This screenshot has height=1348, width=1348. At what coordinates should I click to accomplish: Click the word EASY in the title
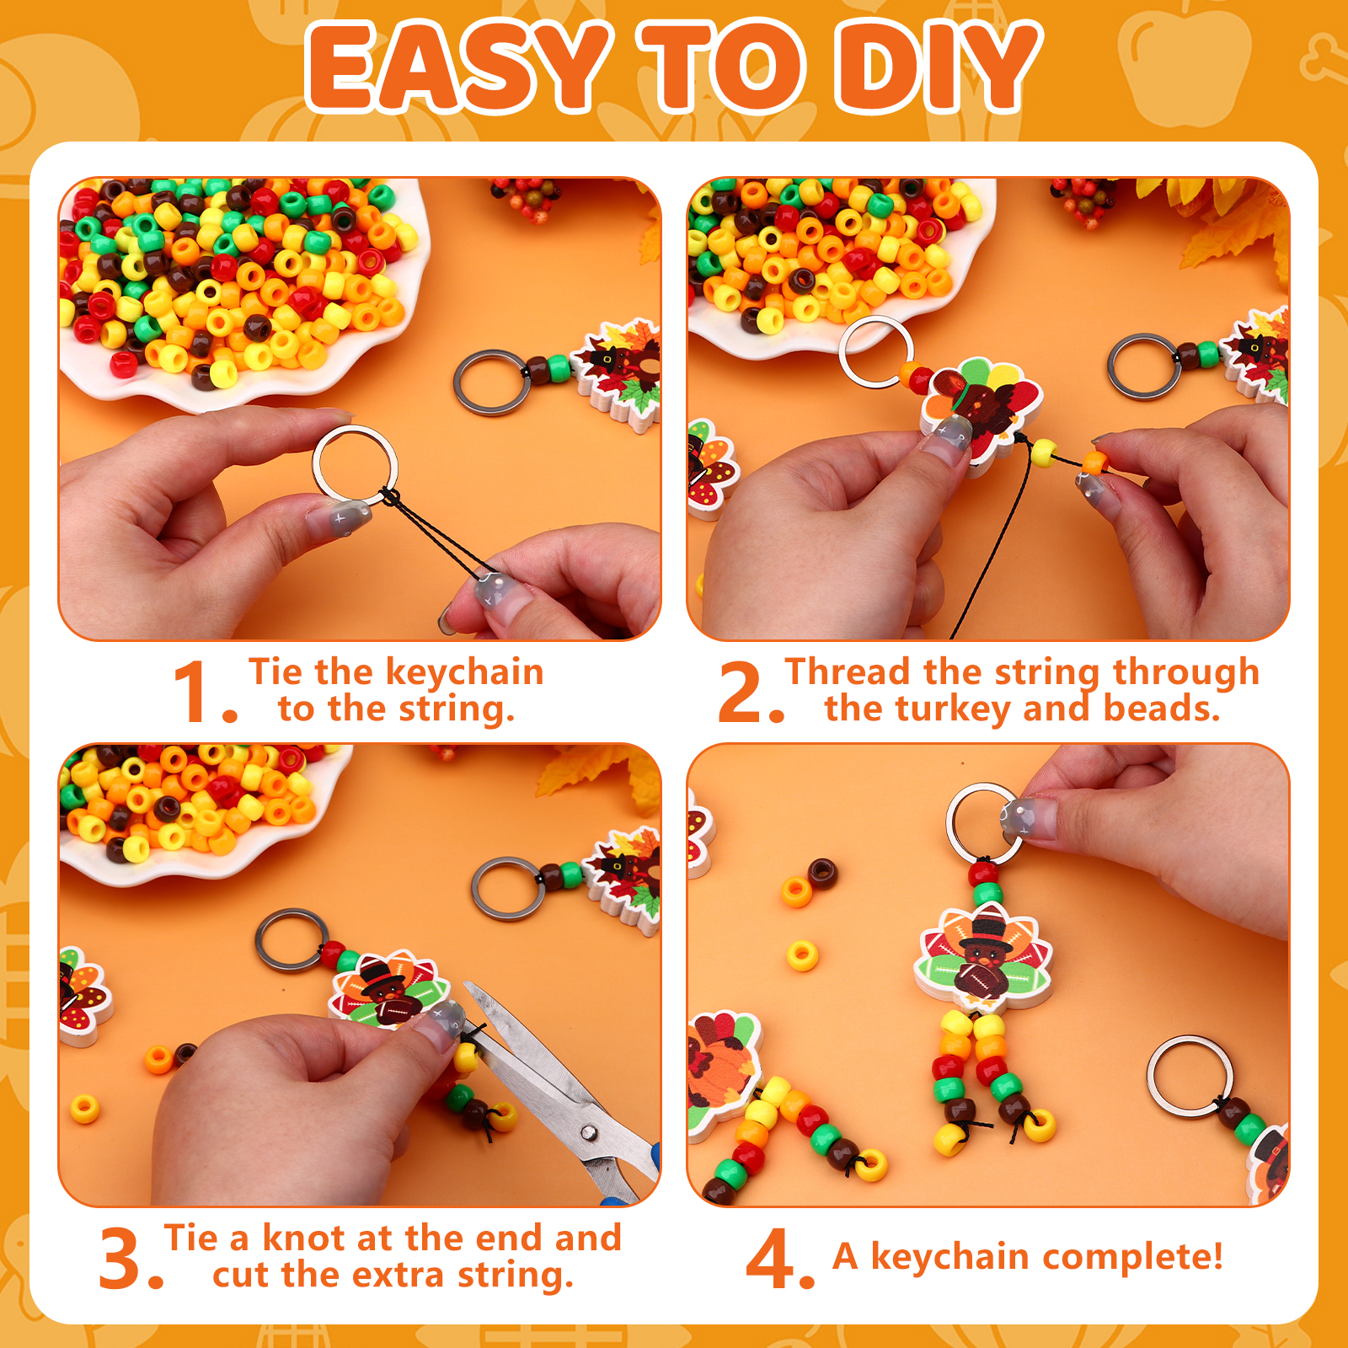point(459,67)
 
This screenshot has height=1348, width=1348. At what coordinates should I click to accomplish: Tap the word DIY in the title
point(939,67)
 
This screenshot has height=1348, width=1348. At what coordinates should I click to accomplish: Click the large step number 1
point(195,692)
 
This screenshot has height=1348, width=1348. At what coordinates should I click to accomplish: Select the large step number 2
point(741,692)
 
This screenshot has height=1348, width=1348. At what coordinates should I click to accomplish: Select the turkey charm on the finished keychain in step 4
point(983,956)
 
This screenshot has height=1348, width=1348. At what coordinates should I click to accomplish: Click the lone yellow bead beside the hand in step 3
point(84,1109)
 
